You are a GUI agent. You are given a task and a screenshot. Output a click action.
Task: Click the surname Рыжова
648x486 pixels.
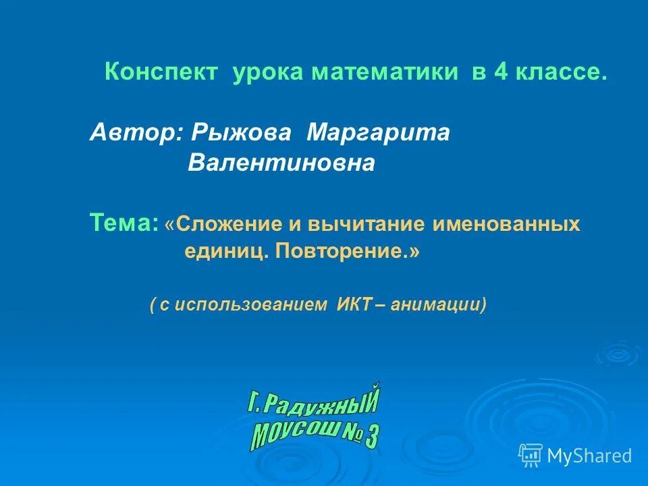pyautogui.click(x=241, y=132)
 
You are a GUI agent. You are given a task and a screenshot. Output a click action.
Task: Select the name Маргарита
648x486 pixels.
pyautogui.click(x=378, y=132)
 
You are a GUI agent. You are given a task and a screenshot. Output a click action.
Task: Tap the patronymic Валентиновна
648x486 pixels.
pyautogui.click(x=281, y=163)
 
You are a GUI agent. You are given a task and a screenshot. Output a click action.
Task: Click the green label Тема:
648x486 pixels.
pyautogui.click(x=124, y=222)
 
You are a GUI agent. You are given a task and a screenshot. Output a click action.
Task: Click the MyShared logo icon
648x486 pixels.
pyautogui.click(x=530, y=456)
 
